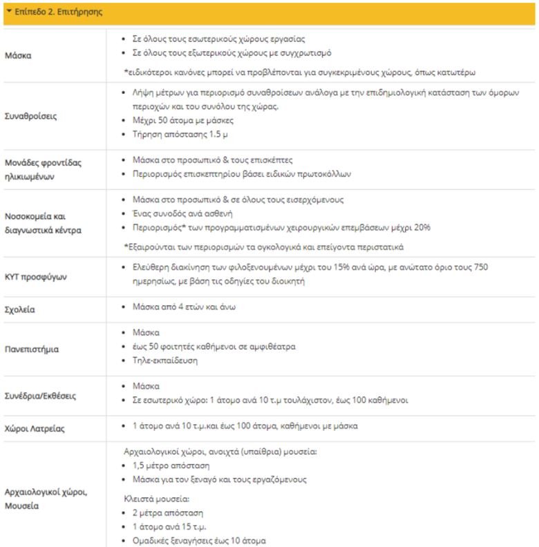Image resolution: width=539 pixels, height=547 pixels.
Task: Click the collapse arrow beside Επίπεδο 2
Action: click(8, 12)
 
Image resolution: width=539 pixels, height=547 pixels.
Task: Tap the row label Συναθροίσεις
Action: click(32, 116)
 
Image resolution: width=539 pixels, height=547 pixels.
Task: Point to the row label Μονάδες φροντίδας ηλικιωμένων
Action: click(43, 169)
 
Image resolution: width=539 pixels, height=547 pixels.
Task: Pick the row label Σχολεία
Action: click(20, 309)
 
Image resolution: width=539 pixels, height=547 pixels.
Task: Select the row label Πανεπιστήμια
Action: click(32, 349)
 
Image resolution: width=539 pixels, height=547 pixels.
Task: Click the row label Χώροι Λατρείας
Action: click(35, 428)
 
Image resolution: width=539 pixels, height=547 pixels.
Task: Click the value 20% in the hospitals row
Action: click(424, 227)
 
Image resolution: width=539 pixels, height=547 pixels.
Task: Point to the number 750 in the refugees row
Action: click(507, 267)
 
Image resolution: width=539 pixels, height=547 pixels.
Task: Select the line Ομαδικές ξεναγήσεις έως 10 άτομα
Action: click(200, 541)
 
